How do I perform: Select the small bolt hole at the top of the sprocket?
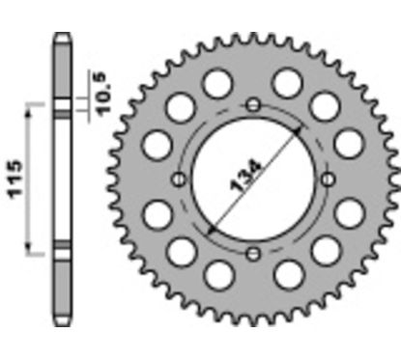(x=253, y=104)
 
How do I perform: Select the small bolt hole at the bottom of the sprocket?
(x=253, y=254)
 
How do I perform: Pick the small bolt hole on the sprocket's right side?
(x=328, y=180)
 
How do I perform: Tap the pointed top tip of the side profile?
(x=61, y=36)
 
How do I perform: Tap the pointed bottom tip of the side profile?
(x=61, y=325)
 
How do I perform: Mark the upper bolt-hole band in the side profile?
(x=61, y=106)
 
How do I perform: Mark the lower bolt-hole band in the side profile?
(x=61, y=254)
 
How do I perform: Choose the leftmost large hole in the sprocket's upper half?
(x=155, y=146)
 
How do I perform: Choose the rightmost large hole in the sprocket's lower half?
(x=351, y=213)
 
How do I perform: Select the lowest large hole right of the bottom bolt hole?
(x=288, y=276)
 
